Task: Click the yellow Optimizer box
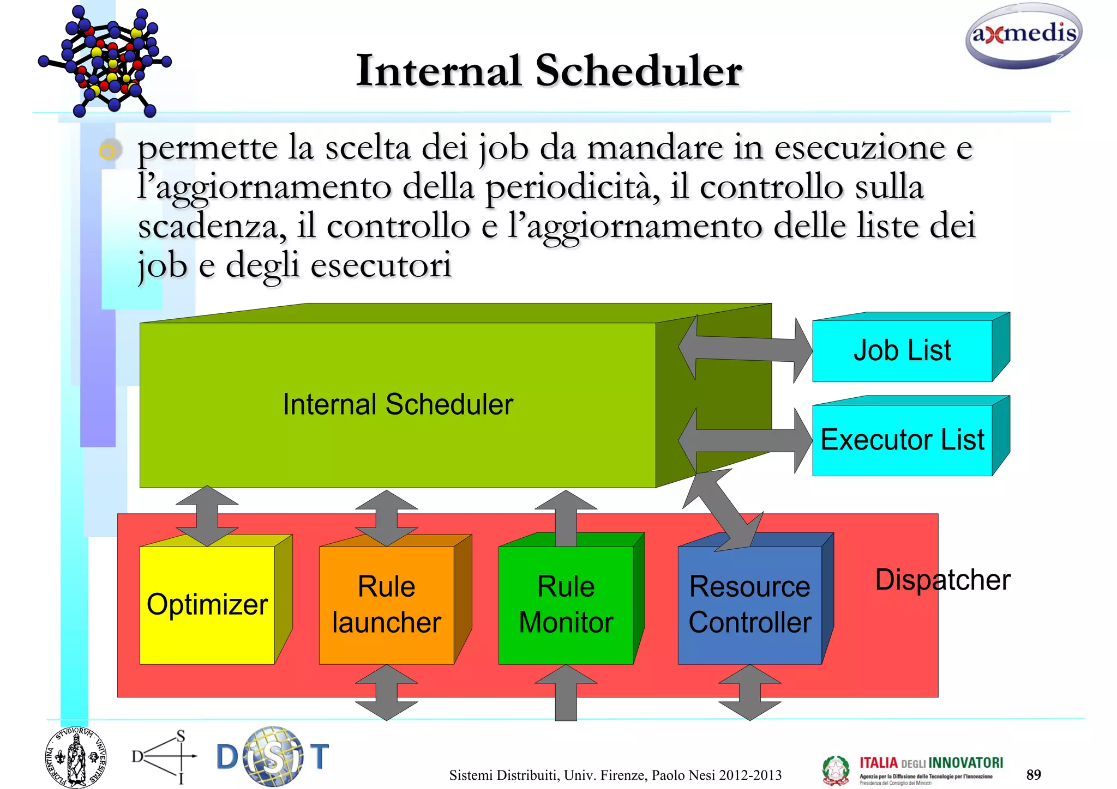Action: tap(207, 605)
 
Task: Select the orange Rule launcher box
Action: tap(386, 605)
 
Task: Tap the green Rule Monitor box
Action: tap(566, 605)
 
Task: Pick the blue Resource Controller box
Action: tap(749, 605)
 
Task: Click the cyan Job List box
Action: tap(902, 350)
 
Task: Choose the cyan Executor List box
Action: tap(902, 440)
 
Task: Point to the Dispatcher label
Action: tap(942, 580)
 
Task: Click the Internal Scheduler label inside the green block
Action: tap(398, 404)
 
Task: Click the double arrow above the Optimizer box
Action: tap(207, 515)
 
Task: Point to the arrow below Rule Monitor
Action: tap(566, 693)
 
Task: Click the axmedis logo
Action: tap(1024, 36)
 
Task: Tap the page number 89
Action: tap(1034, 774)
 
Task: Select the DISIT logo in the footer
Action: tap(273, 756)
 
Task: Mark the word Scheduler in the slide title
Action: tap(638, 71)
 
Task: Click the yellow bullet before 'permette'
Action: tap(107, 150)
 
